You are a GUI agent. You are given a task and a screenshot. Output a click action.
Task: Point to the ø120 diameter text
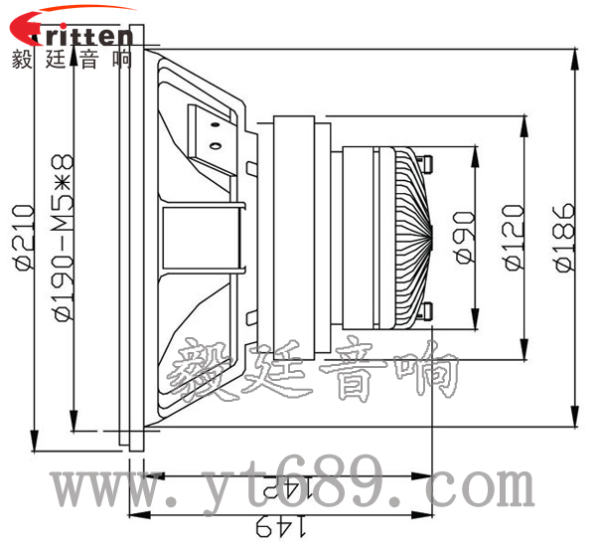[x=513, y=237]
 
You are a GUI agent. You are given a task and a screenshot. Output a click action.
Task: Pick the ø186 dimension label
[x=563, y=237]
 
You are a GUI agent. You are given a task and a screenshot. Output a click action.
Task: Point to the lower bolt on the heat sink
[x=428, y=311]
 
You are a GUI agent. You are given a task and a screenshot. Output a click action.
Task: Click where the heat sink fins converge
[x=433, y=236]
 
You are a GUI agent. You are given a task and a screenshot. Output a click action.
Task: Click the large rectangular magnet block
[x=298, y=236]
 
